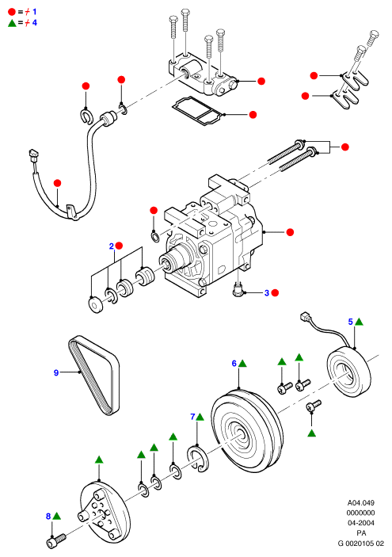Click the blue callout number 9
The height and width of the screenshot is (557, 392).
tap(56, 372)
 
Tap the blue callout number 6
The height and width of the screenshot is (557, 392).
tap(234, 364)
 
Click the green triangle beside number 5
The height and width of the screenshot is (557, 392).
tap(359, 322)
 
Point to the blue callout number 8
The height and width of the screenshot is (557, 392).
tap(48, 516)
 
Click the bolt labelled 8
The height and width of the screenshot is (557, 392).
tap(56, 540)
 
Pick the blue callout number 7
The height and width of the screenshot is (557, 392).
tap(192, 417)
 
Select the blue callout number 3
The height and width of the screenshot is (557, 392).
tap(267, 293)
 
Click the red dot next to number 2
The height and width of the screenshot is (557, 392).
tap(119, 246)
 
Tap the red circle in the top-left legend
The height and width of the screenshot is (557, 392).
tap(12, 12)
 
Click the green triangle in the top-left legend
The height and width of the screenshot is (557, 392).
tap(12, 23)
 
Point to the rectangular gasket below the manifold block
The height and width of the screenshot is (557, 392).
tap(198, 110)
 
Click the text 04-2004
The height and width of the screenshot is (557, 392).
tap(361, 523)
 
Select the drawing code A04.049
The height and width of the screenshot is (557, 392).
tap(361, 502)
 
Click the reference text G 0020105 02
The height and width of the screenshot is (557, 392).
tap(361, 544)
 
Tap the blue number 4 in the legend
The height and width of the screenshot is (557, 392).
tap(34, 23)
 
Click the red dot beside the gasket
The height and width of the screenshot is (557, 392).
tap(253, 115)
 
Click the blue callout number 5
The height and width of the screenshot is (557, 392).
tap(351, 322)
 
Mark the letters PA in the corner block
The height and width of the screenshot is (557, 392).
tap(361, 533)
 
